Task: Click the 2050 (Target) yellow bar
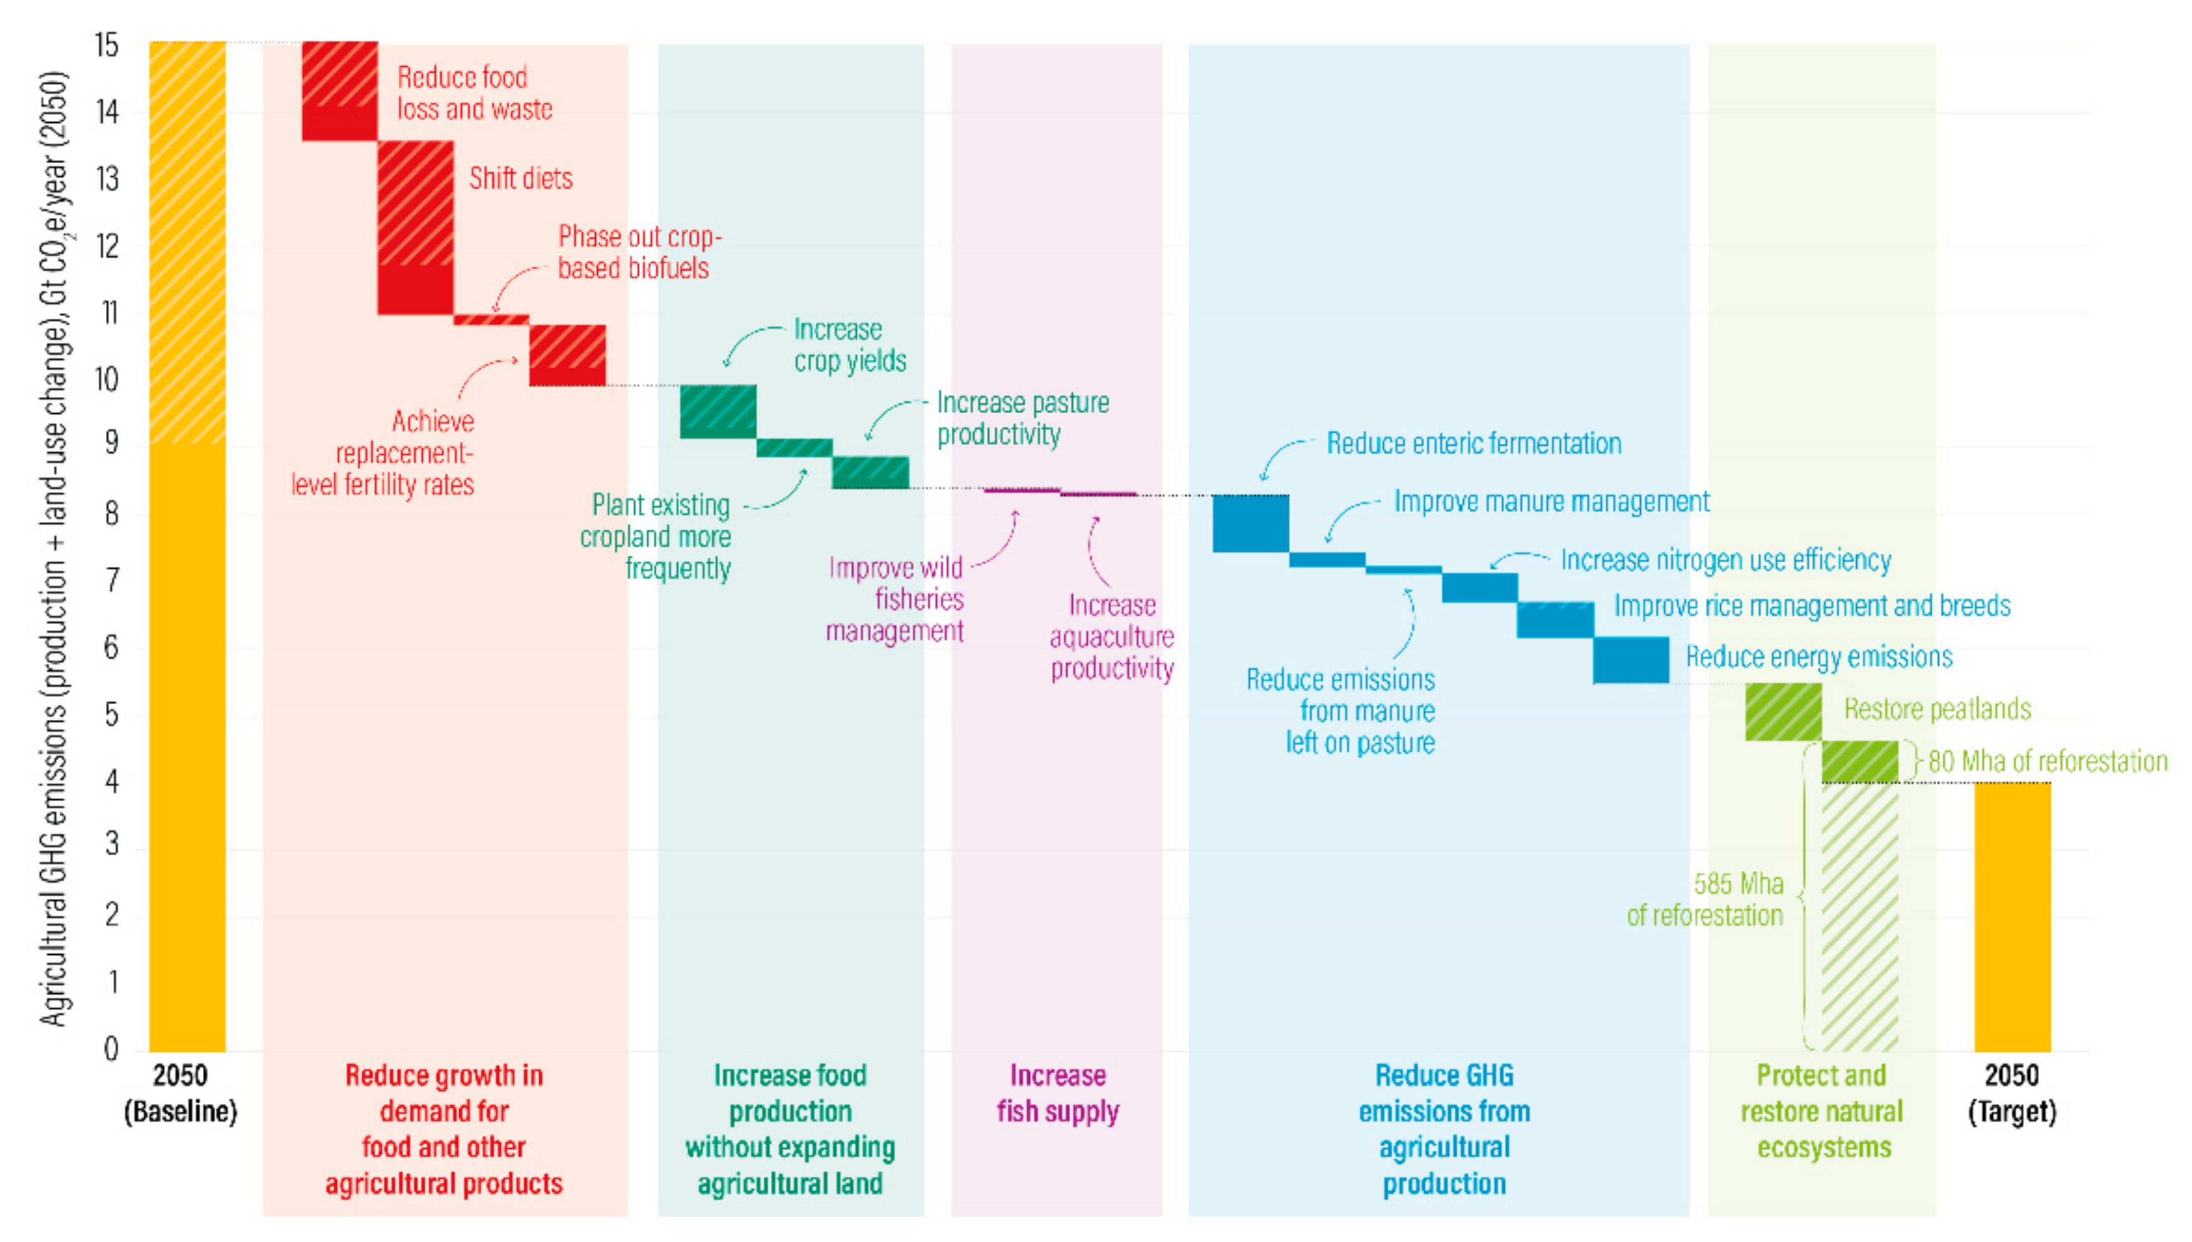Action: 2011,916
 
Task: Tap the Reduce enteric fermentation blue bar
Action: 1250,523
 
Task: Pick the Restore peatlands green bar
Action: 1783,712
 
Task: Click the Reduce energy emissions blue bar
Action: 1630,659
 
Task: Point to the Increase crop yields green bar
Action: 717,411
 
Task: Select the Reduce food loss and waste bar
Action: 340,91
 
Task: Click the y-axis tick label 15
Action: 106,45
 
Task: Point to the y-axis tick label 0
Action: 111,1049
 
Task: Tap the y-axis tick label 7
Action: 111,581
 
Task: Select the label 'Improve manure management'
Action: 1551,501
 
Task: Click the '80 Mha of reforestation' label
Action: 2047,761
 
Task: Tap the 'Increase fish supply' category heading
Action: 1057,1093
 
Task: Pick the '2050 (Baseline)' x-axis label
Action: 180,1093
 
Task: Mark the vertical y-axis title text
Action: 54,546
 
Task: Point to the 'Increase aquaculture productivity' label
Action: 1111,636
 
